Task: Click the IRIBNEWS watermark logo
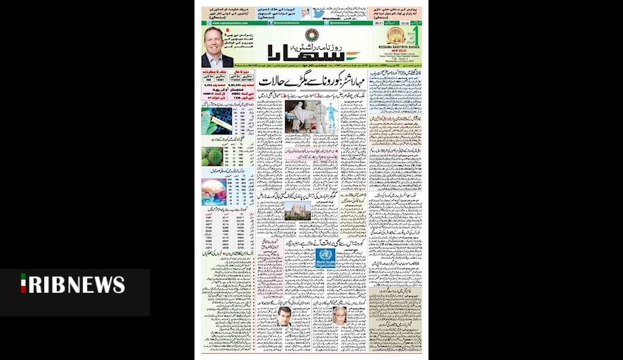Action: tap(73, 285)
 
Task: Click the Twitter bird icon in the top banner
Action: tap(318, 12)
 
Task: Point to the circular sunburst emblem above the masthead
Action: tap(311, 33)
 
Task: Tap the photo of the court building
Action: tap(298, 210)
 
